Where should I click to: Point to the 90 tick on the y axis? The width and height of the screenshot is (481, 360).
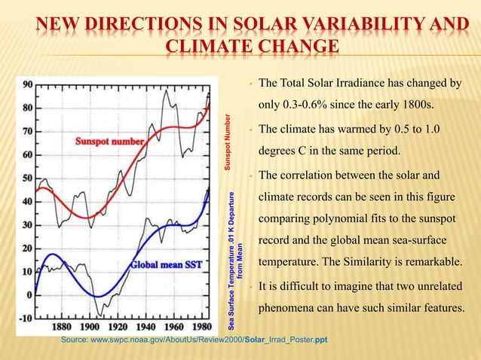pyautogui.click(x=26, y=84)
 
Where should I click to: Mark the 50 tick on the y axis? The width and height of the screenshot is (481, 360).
pyautogui.click(x=26, y=178)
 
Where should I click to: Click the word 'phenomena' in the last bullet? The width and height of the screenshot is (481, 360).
pyautogui.click(x=289, y=310)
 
